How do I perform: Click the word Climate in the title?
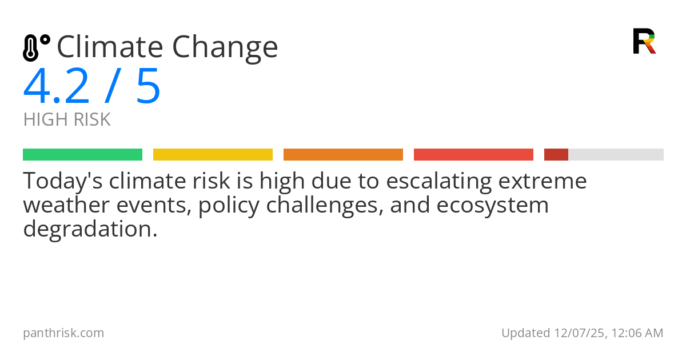coord(109,47)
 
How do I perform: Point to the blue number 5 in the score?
coord(148,86)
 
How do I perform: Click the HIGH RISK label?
coord(67,120)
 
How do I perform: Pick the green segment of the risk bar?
coord(82,155)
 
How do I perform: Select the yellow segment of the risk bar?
coord(213,155)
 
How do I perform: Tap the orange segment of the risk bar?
coord(343,155)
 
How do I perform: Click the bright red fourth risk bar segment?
coord(473,155)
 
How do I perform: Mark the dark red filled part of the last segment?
coord(556,155)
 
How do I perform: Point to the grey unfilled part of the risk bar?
coord(616,155)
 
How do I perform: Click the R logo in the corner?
coord(644,41)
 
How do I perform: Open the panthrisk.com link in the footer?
coord(63,333)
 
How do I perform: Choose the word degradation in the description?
coord(89,229)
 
